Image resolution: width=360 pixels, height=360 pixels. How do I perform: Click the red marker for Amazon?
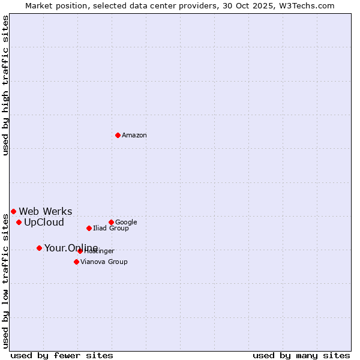tap(118, 135)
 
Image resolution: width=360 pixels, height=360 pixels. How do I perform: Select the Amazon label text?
tap(134, 136)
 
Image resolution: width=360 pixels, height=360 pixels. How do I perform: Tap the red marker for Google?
tap(111, 222)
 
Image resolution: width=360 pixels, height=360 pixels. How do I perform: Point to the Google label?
tap(126, 223)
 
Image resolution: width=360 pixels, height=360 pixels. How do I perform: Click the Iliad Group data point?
tap(89, 228)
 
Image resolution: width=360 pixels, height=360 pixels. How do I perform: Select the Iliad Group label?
tap(111, 229)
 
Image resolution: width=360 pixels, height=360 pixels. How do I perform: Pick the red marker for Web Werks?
tap(13, 211)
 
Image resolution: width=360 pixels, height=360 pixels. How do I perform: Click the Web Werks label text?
tap(46, 211)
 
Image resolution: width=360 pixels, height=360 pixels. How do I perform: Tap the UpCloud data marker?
tap(19, 222)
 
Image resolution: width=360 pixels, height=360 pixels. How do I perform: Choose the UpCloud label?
tap(44, 223)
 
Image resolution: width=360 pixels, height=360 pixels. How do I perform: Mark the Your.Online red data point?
tap(39, 248)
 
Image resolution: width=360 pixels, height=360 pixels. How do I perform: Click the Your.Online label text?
tap(71, 248)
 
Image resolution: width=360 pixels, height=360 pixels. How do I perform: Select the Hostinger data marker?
tap(80, 251)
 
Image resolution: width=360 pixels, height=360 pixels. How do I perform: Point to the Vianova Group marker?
tap(76, 262)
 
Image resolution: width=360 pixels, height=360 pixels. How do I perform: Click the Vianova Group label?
tap(104, 262)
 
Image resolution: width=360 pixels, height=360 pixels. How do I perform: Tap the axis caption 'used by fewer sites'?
tap(61, 355)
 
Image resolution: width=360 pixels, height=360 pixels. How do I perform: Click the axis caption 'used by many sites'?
tap(301, 355)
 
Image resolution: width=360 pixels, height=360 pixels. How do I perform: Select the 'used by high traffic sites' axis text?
tap(5, 85)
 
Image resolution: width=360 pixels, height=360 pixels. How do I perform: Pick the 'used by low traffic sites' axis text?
tap(5, 281)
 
